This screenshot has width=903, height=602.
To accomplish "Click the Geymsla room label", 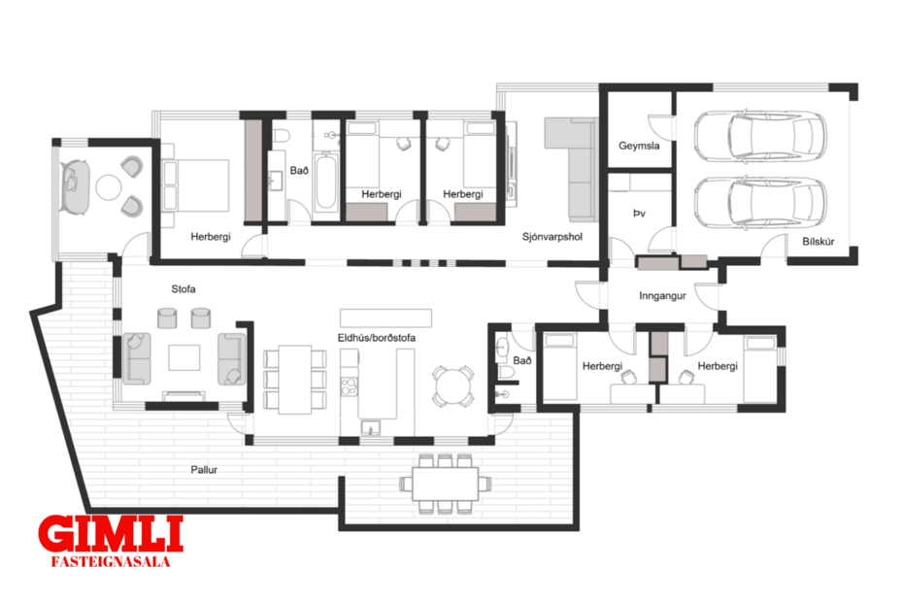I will point(640,147).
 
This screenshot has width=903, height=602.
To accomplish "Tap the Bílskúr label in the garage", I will point(819,242).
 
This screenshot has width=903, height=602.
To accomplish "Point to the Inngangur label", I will point(662,295).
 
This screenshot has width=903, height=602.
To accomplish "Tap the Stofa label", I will point(184,288).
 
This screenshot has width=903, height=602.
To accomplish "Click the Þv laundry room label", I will point(639,212).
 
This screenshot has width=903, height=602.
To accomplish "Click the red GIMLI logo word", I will point(110,535).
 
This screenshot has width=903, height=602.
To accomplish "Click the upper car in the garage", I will point(760,136).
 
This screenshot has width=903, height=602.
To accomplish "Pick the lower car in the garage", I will point(760,201).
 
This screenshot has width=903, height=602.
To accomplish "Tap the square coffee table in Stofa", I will point(184,357).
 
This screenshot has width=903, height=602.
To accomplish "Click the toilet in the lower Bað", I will point(504,370).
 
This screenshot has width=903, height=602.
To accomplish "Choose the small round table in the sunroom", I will point(111,186).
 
